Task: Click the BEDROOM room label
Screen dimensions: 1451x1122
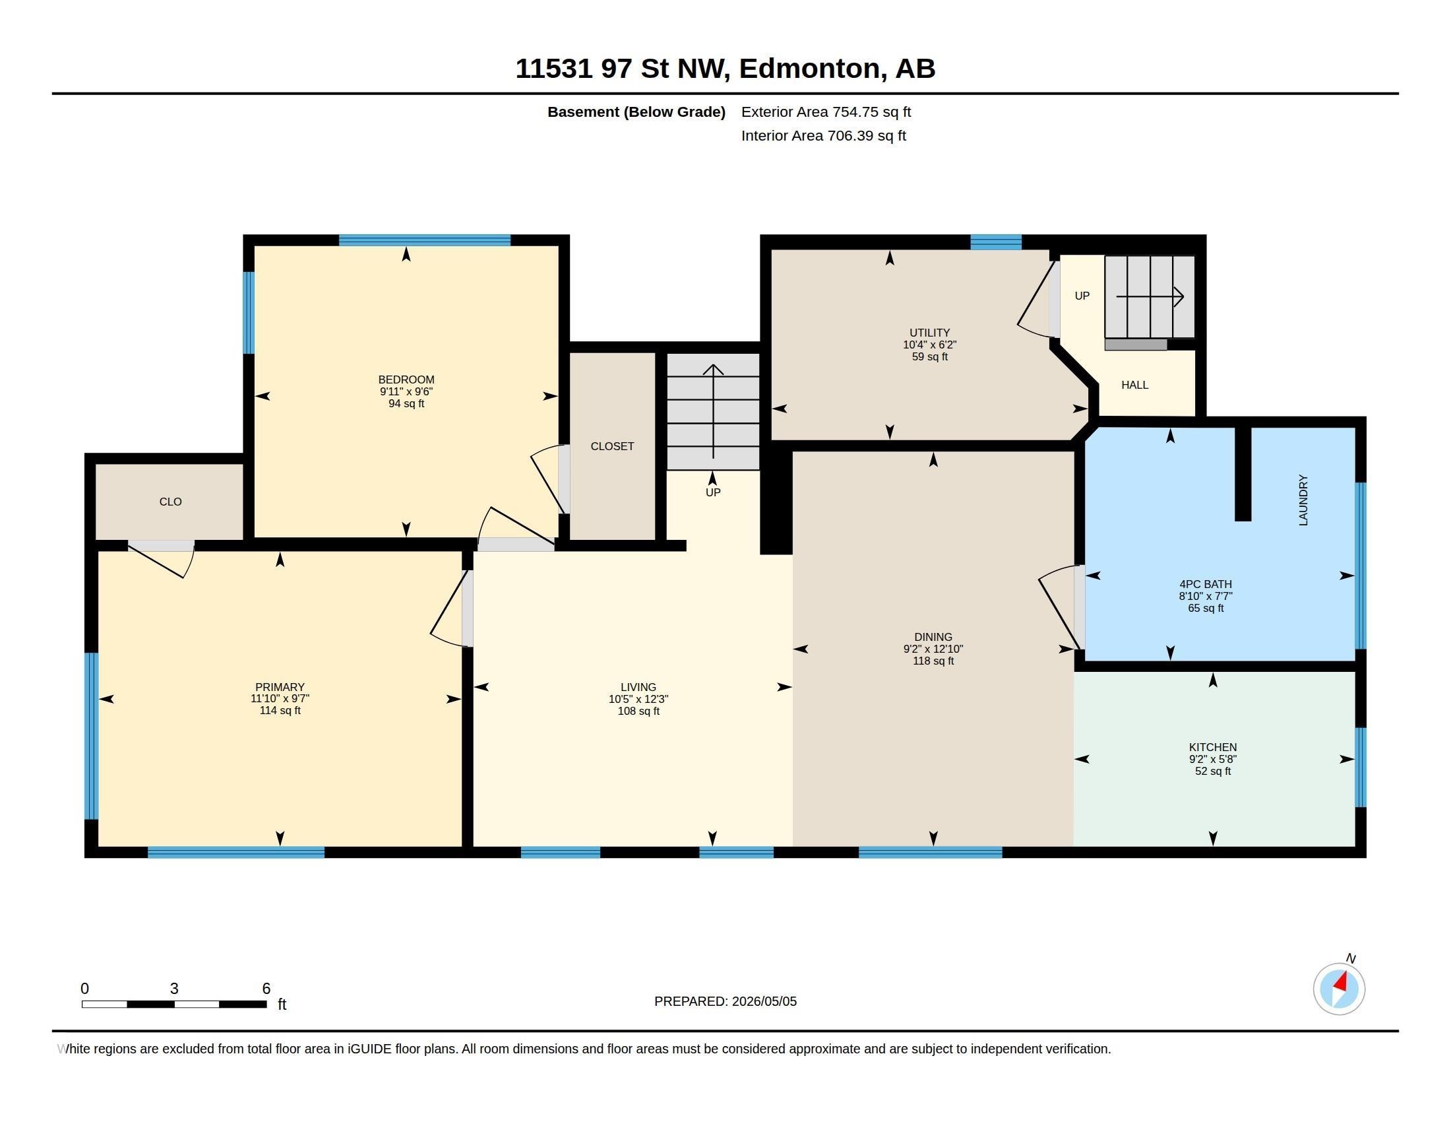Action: [x=406, y=379]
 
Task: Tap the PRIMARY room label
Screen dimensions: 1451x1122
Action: [x=280, y=686]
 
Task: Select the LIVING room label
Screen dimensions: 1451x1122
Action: [x=638, y=686]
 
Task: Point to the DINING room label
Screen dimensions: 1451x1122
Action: [x=933, y=637]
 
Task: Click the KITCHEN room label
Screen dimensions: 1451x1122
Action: [x=1212, y=747]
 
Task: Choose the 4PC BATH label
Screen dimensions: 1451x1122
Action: [x=1205, y=584]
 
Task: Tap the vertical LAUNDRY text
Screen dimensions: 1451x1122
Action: [x=1303, y=500]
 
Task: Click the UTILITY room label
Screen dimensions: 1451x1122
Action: [x=929, y=333]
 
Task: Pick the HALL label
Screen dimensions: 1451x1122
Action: [x=1135, y=385]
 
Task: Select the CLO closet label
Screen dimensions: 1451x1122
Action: [x=170, y=502]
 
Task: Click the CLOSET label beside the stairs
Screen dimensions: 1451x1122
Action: [x=612, y=446]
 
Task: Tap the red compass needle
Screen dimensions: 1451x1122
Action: [x=1341, y=982]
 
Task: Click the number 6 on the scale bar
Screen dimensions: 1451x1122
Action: [x=266, y=989]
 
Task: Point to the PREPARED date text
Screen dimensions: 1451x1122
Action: [x=725, y=1001]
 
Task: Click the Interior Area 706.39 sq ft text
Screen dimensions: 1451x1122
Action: [x=823, y=135]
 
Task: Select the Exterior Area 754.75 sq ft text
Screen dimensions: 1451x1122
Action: [x=826, y=112]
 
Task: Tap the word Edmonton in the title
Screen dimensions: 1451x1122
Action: [x=813, y=69]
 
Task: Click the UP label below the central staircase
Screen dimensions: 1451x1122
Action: [x=713, y=492]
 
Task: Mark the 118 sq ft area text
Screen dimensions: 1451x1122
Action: [x=933, y=661]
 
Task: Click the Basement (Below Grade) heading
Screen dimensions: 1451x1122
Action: [x=636, y=112]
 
